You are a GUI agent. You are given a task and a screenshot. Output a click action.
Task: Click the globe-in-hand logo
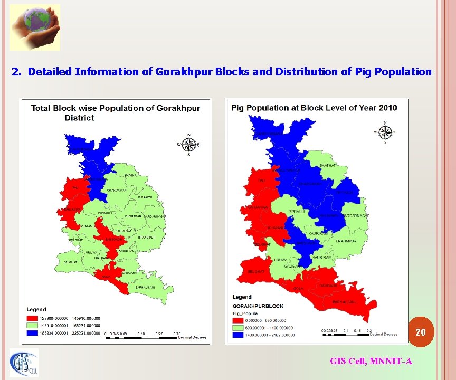[x=34, y=27]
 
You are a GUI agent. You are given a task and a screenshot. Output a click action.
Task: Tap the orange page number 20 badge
[x=420, y=332]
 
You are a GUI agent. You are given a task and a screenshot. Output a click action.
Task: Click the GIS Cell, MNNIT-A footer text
[x=370, y=361]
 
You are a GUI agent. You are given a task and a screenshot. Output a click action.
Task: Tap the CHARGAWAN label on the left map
[x=117, y=190]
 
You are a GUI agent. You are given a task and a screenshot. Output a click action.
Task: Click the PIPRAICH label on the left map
[x=145, y=197]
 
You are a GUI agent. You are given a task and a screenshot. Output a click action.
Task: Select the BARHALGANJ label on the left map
[x=145, y=287]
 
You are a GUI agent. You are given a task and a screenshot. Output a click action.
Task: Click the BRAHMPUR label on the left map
[x=147, y=237]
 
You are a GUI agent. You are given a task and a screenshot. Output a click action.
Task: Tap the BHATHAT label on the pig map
[x=327, y=166]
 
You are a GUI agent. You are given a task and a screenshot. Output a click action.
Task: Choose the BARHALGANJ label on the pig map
[x=345, y=302]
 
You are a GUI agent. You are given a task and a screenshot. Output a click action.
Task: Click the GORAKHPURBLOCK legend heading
[x=258, y=306]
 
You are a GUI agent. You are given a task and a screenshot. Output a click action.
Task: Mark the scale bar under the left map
[x=142, y=335]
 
